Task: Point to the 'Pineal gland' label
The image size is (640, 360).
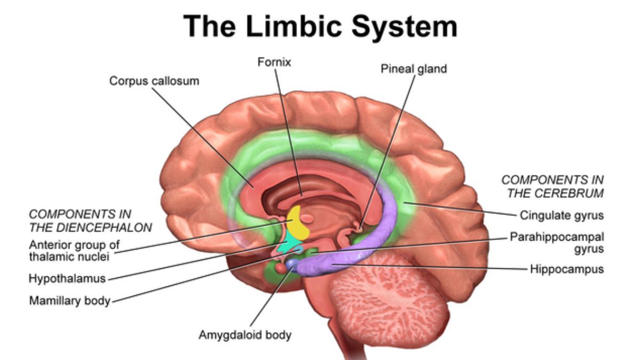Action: coord(413,69)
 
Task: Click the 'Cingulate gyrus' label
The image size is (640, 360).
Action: coord(561,216)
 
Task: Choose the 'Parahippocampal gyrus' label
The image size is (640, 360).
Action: coord(557,242)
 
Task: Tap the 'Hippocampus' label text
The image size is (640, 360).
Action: coord(566,269)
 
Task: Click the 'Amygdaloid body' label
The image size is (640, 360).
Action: coord(245,335)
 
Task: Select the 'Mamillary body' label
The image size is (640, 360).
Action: coord(69,300)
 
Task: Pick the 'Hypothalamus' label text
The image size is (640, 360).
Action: coord(67,278)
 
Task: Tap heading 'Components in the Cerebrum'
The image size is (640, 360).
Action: coord(553,186)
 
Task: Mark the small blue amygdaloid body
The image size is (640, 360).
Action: coord(291,263)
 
